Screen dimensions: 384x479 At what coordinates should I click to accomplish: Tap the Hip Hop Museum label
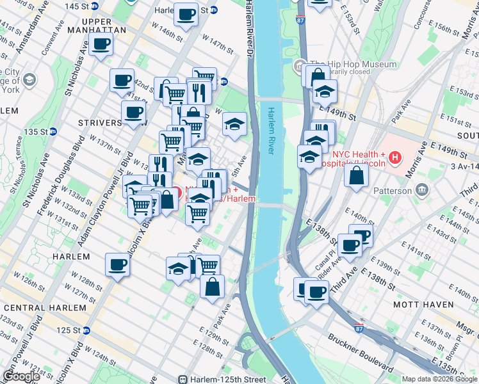point(352,65)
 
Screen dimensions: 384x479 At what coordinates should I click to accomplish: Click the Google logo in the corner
point(20,376)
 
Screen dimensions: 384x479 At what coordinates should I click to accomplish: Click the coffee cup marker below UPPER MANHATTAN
point(101,45)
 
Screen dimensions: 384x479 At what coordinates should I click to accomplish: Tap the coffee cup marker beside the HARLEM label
point(118,264)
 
